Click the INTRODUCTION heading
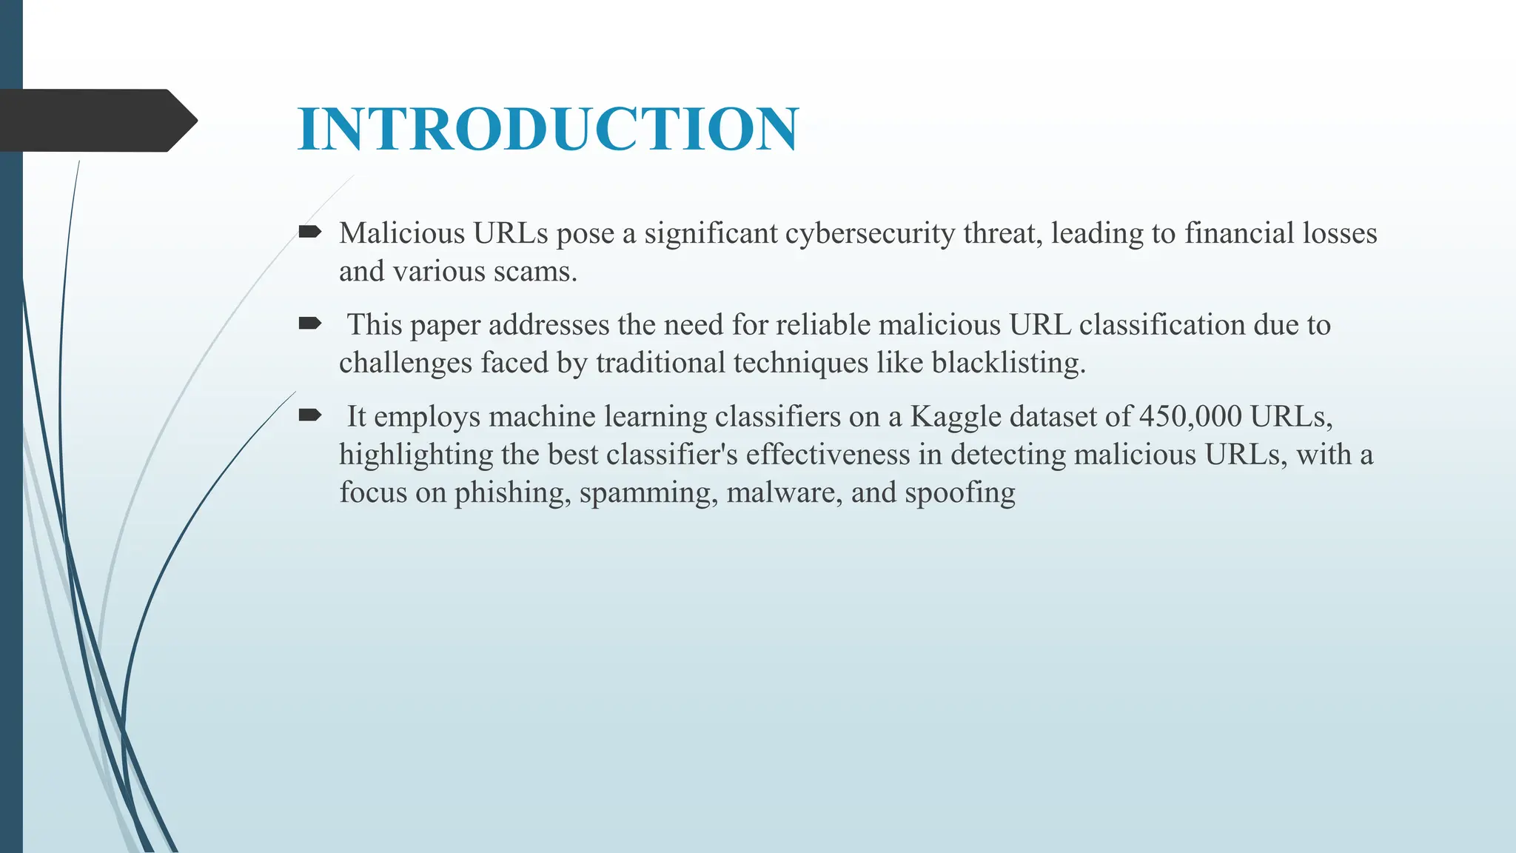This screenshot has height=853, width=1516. (548, 129)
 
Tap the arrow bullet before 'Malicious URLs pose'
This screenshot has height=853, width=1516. (309, 233)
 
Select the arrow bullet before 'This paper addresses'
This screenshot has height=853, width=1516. (309, 324)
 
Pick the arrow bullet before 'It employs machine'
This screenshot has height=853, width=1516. (309, 415)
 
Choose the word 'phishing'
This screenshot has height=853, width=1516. (512, 493)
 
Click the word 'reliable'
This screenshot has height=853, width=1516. (822, 324)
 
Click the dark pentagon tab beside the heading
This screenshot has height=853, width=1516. (96, 121)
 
